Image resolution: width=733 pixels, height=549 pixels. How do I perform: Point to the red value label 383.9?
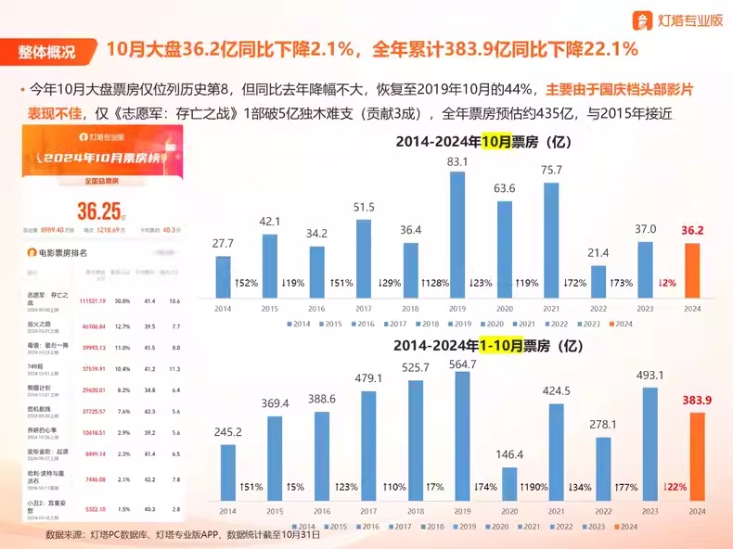tap(701, 400)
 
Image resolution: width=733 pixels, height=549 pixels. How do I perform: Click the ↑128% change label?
tap(434, 282)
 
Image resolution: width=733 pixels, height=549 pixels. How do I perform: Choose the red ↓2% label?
tap(669, 282)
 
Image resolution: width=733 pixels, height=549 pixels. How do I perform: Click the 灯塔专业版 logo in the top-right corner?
tap(677, 19)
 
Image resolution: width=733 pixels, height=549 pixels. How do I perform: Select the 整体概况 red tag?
tap(45, 51)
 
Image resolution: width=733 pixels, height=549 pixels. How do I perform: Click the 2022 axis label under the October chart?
tap(598, 307)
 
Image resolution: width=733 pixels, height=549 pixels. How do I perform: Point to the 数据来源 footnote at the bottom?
tap(183, 535)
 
